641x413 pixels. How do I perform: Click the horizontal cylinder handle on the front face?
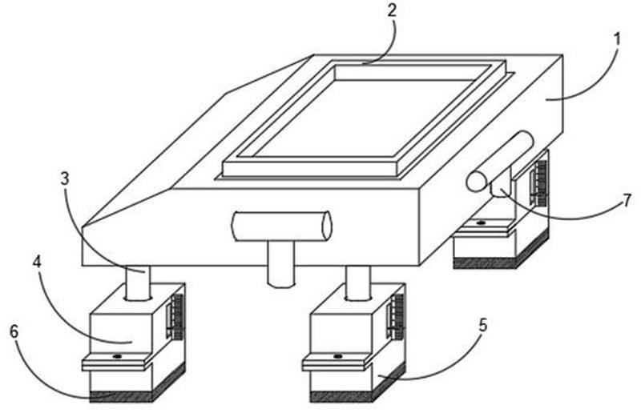point(280,227)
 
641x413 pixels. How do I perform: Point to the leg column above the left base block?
point(137,282)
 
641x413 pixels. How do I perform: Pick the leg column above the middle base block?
point(357,282)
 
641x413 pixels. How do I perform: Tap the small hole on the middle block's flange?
point(338,355)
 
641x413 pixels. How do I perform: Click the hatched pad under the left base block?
point(120,395)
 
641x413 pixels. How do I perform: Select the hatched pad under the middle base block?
point(341,395)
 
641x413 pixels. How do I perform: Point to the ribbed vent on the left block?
point(174,316)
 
